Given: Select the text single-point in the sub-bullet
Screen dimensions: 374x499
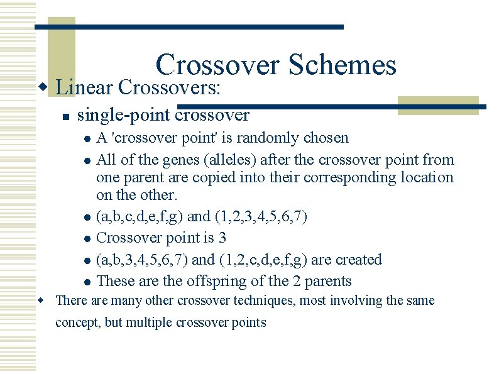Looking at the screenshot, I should point(123,116).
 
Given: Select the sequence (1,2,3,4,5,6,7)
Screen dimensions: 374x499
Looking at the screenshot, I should point(261,217).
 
